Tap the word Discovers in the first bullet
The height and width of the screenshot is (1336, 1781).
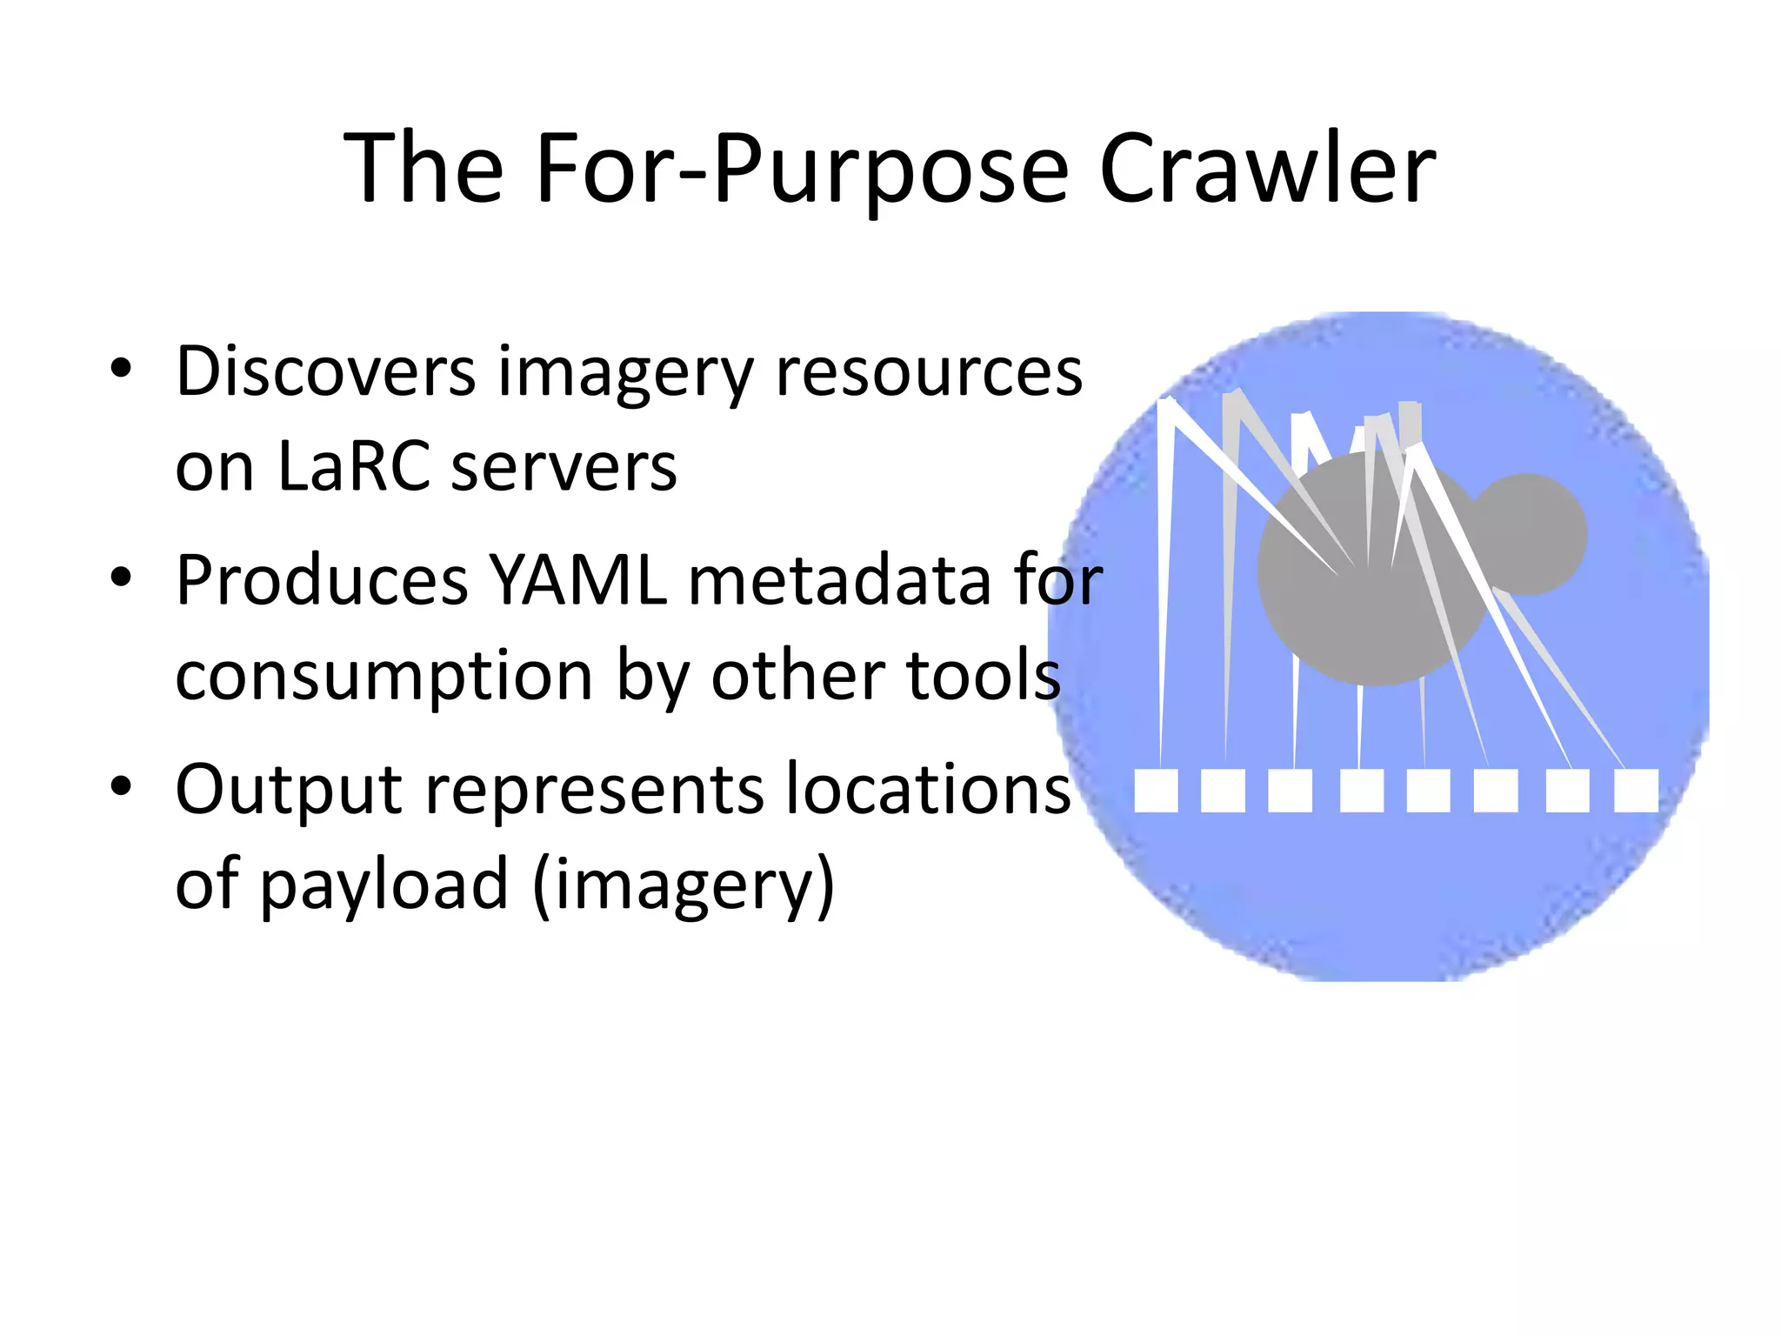(x=325, y=372)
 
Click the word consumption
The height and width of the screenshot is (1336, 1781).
(x=384, y=677)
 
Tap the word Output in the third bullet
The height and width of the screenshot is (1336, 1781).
(x=289, y=790)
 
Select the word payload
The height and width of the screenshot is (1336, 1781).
(x=384, y=885)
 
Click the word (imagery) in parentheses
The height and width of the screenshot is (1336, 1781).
(x=684, y=885)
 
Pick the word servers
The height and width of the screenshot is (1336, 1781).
(x=564, y=467)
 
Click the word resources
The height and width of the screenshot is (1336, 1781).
(x=929, y=372)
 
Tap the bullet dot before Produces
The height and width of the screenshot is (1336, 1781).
(x=121, y=577)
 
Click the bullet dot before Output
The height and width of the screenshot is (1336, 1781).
(x=121, y=785)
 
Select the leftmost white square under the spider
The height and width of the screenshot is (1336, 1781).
(x=1156, y=790)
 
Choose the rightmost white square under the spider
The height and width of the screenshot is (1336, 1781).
(x=1636, y=790)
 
